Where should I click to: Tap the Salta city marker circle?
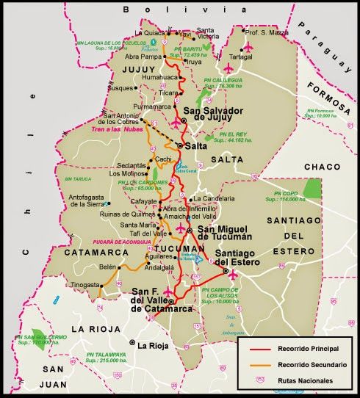click(179, 146)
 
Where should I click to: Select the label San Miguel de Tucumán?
click(223, 234)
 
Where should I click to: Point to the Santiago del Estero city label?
click(242, 258)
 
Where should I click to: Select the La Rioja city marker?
click(132, 344)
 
